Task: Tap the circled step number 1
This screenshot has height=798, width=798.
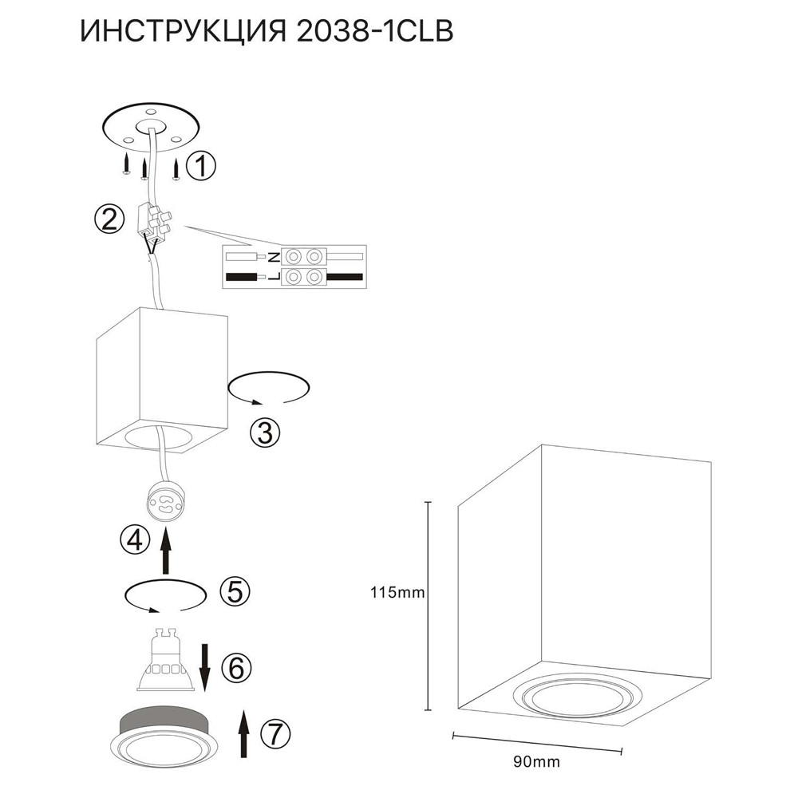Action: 200,167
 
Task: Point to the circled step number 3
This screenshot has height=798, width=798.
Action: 265,433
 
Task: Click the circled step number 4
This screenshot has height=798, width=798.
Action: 134,540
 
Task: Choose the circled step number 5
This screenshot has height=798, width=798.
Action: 234,591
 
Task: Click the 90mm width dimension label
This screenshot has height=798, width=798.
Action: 535,762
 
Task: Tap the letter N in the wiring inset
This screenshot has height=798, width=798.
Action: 272,257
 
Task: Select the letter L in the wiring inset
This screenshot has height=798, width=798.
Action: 272,277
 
